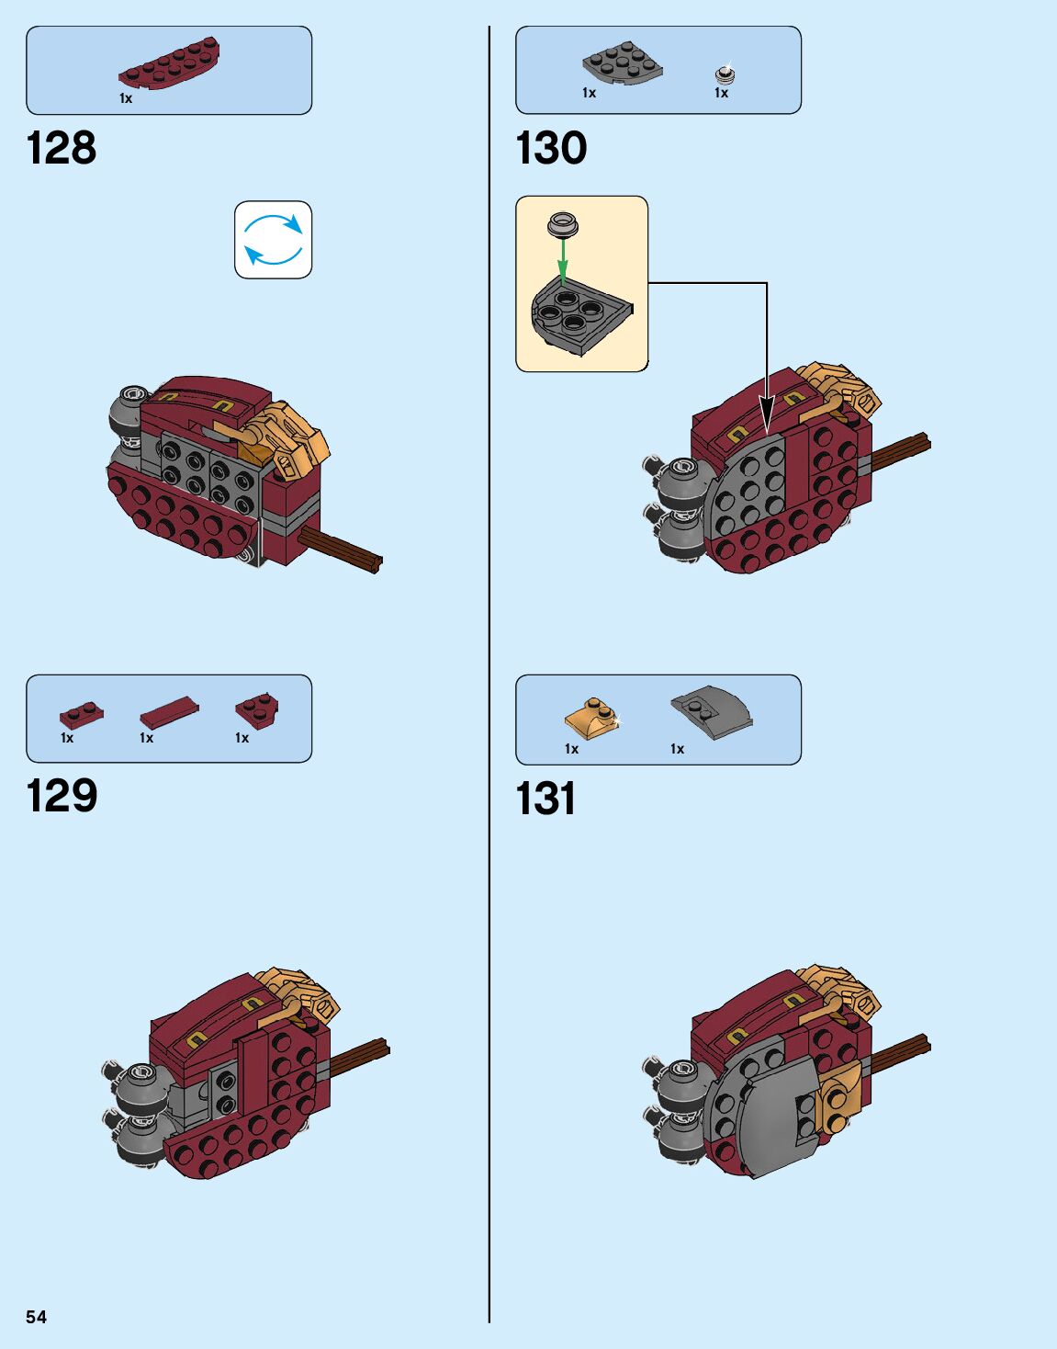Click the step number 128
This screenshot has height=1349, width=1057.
pyautogui.click(x=62, y=148)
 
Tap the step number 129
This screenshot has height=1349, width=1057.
pyautogui.click(x=62, y=796)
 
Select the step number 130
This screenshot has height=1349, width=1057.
pyautogui.click(x=551, y=148)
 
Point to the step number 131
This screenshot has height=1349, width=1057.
pyautogui.click(x=545, y=799)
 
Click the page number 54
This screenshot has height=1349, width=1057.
pyautogui.click(x=36, y=1317)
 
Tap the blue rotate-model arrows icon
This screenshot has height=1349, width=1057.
pyautogui.click(x=274, y=240)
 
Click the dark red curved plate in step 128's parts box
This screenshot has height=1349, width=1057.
pyautogui.click(x=169, y=64)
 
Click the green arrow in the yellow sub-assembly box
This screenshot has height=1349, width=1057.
pyautogui.click(x=563, y=258)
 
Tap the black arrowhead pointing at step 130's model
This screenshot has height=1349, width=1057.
pyautogui.click(x=767, y=410)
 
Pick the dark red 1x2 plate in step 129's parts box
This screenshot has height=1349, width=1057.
pyautogui.click(x=81, y=713)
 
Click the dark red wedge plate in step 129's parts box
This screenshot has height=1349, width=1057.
pyautogui.click(x=257, y=709)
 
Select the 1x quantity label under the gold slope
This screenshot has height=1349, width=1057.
pyautogui.click(x=571, y=749)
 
